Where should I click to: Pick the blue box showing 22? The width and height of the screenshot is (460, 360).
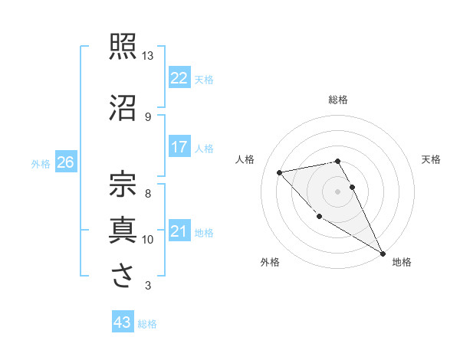179,78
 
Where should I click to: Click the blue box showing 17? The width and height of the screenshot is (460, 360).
179,147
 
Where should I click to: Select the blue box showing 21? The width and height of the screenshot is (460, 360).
179,231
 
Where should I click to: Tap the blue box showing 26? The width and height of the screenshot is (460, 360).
66,162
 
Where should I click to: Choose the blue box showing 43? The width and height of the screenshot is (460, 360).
123,322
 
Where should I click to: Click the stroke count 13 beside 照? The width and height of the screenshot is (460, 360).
148,56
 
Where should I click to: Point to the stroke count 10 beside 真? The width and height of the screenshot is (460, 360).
148,240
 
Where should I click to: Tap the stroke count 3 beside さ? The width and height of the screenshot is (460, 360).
148,286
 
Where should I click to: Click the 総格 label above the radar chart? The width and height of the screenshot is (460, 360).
338,100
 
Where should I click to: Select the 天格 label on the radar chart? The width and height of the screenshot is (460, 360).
431,159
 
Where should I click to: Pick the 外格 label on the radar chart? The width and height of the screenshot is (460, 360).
270,262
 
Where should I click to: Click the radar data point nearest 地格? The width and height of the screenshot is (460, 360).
383,254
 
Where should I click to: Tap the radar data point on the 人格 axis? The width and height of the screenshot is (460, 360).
280,172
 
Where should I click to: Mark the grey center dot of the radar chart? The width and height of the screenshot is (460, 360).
338,191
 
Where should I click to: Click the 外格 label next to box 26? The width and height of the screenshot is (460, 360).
41,163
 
